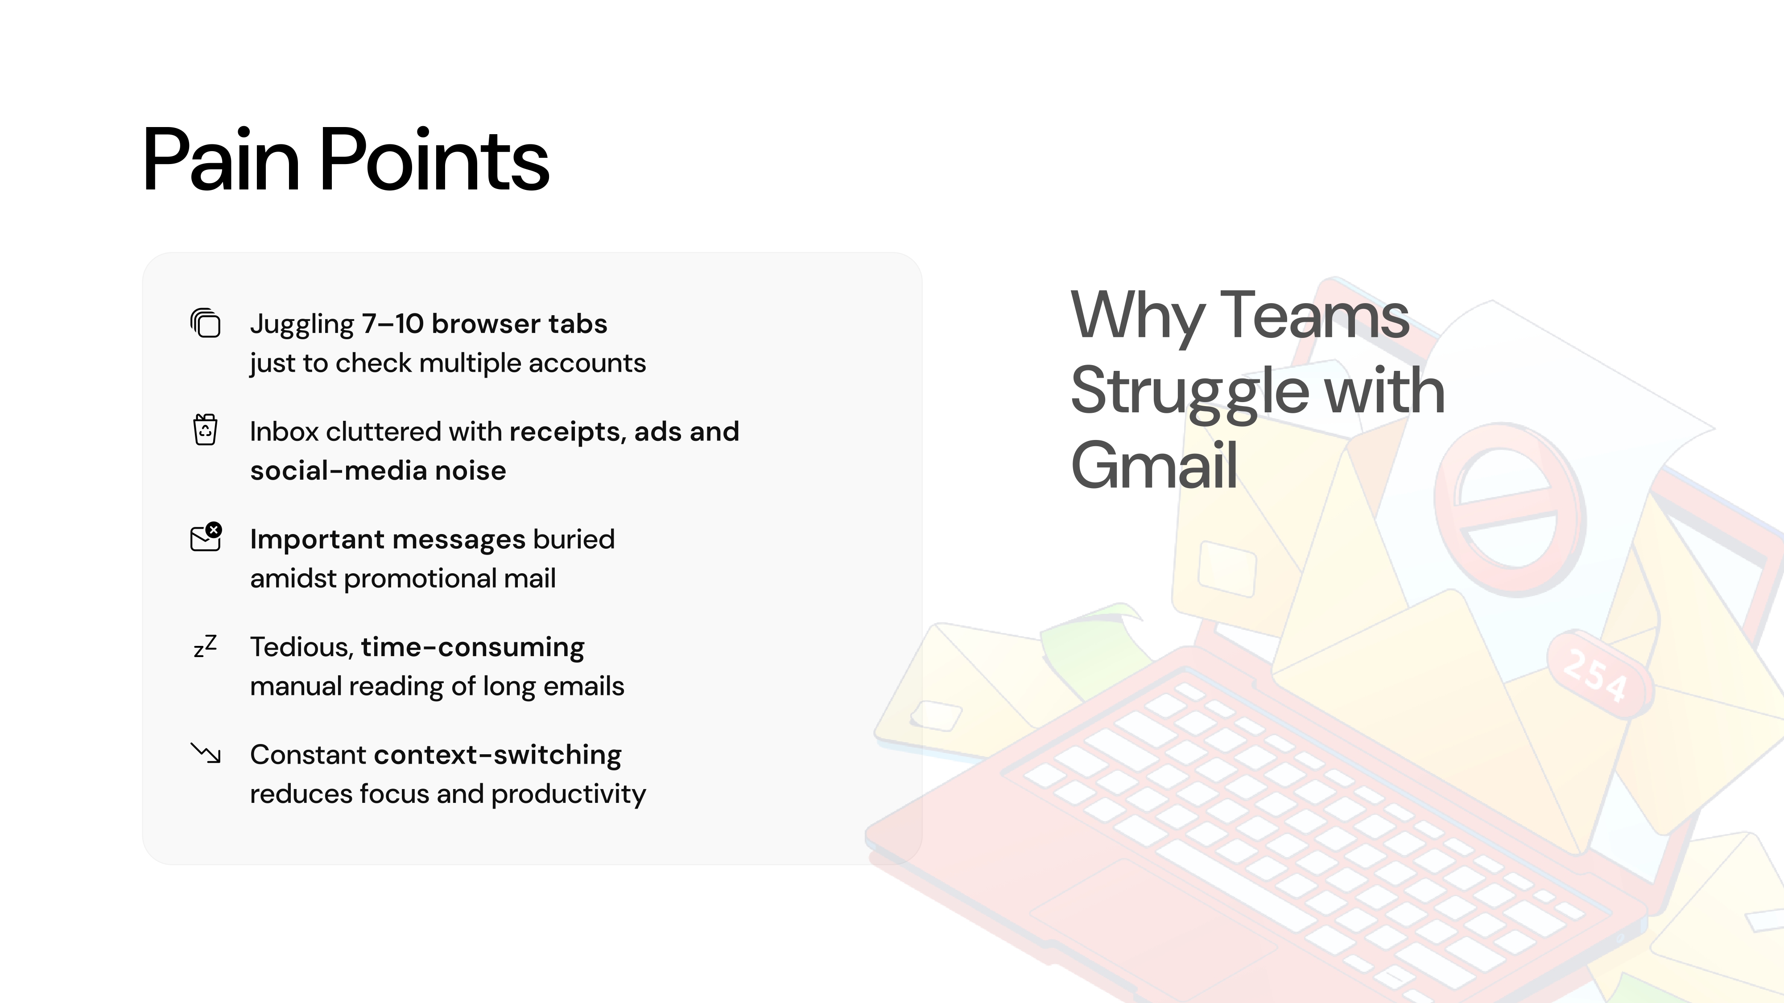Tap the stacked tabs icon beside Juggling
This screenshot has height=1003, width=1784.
click(x=205, y=323)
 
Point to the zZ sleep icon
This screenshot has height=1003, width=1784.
click(x=205, y=646)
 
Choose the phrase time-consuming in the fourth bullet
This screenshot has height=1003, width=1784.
click(x=472, y=647)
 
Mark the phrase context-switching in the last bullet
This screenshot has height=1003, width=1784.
click(x=497, y=755)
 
